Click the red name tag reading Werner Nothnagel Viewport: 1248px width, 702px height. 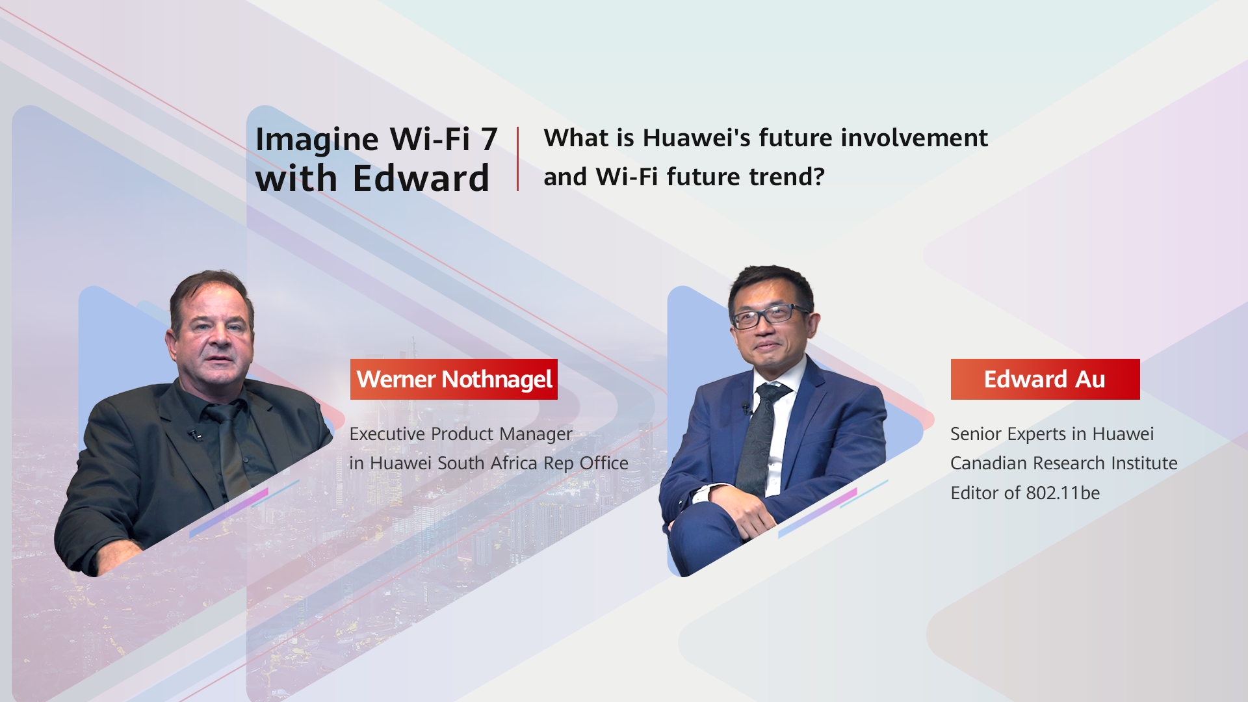(x=454, y=379)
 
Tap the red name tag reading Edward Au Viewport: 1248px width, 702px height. (x=1045, y=379)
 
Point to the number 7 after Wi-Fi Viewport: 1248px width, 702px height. (x=489, y=139)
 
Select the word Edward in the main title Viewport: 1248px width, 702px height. (x=421, y=178)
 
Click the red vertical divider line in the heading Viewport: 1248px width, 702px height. (x=518, y=159)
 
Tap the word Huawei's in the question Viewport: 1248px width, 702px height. (x=697, y=138)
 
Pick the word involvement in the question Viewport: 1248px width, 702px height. (x=915, y=138)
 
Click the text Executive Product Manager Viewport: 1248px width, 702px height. (x=461, y=434)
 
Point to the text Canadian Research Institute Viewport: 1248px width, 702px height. (x=1064, y=463)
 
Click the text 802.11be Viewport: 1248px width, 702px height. (x=1063, y=493)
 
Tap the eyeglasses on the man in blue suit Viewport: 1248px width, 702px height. (x=772, y=316)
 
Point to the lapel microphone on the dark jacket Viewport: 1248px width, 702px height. (x=194, y=433)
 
